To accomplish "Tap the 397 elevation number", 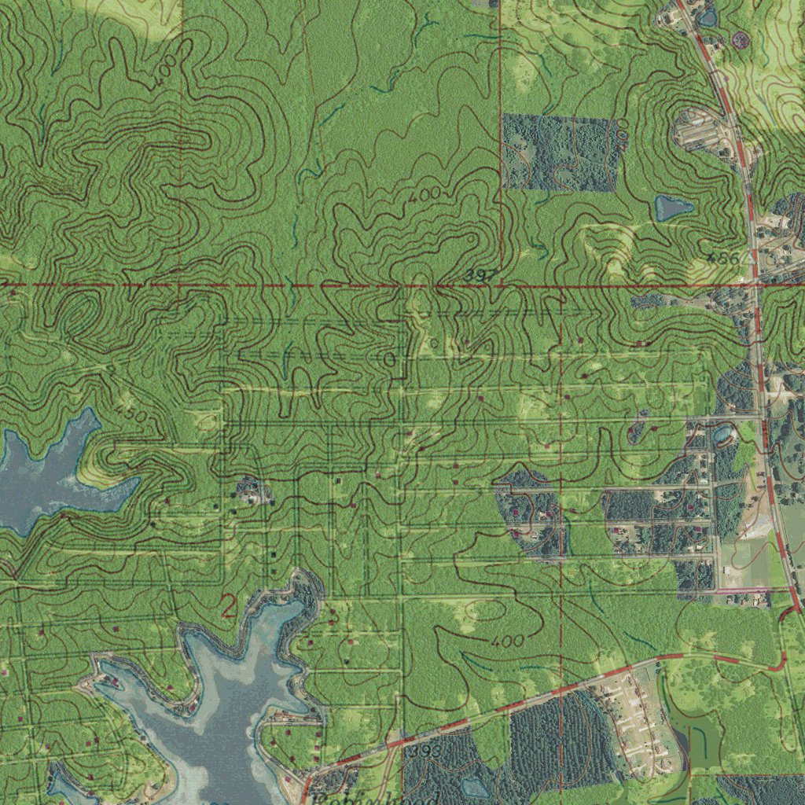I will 480,275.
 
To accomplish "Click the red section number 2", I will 228,606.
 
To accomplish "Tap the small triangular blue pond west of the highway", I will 672,208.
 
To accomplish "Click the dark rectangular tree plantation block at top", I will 558,153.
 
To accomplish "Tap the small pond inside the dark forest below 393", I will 476,786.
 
